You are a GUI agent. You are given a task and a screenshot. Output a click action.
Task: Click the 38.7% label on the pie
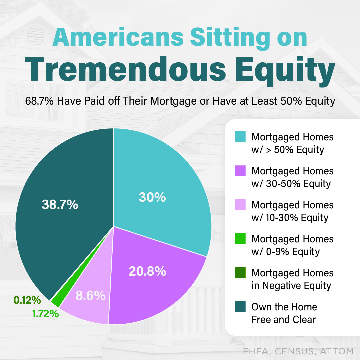click(x=60, y=205)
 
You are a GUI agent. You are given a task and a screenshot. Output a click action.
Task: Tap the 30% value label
click(x=152, y=197)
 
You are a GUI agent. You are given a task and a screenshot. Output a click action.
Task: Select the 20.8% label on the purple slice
click(x=147, y=271)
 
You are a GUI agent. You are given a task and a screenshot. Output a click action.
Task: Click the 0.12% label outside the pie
click(x=27, y=300)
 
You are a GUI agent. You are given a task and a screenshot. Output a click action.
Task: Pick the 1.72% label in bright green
click(x=46, y=313)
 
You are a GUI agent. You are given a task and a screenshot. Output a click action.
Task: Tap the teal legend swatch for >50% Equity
click(x=240, y=137)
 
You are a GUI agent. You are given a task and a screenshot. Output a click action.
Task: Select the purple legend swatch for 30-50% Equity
click(x=240, y=171)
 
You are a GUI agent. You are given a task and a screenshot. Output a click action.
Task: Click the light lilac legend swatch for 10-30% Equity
click(x=240, y=205)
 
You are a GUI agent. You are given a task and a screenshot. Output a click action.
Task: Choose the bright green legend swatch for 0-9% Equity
click(x=240, y=239)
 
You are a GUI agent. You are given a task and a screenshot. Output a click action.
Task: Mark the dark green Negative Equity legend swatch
click(x=240, y=273)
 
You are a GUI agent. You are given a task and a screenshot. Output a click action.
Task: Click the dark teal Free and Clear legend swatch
click(x=240, y=307)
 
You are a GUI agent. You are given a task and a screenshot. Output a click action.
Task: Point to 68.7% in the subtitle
click(x=39, y=101)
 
